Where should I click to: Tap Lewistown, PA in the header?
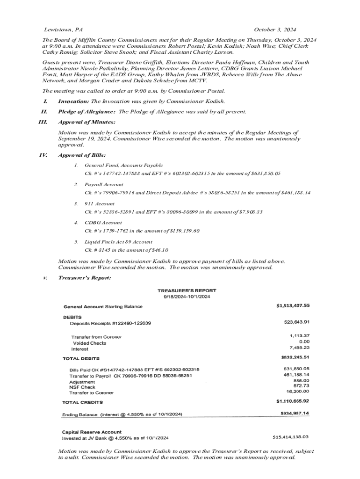[63, 29]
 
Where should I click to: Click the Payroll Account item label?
[104, 185]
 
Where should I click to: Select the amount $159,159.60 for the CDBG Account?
[183, 231]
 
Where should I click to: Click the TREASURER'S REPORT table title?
[187, 290]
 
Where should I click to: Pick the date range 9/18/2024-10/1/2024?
[187, 297]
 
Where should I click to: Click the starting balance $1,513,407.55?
[293, 306]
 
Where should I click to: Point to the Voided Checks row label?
[89, 343]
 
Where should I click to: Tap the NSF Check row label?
[82, 387]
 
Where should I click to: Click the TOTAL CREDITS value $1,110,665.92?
[293, 401]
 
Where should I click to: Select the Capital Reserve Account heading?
[92, 432]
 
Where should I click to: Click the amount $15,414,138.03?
[291, 437]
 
